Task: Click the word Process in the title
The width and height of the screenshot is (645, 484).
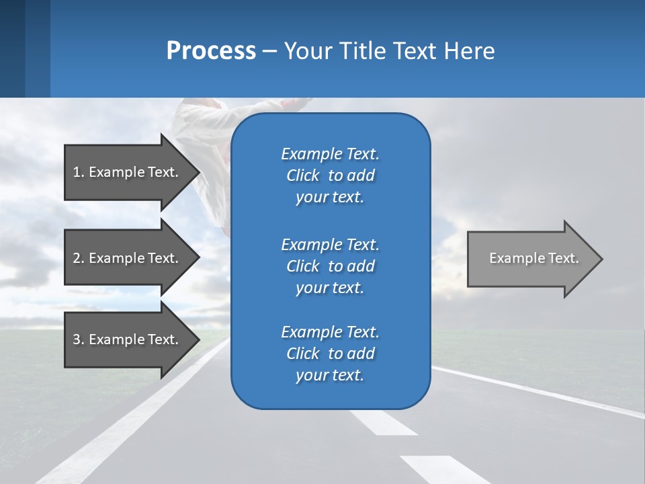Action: tap(211, 51)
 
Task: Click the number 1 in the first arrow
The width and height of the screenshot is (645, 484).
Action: tap(77, 172)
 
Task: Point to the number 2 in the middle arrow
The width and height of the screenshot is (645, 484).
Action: tap(77, 258)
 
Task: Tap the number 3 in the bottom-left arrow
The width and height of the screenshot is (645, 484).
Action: tap(77, 339)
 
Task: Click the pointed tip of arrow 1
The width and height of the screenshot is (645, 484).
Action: tap(197, 172)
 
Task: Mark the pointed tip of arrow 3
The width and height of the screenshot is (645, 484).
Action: tap(197, 339)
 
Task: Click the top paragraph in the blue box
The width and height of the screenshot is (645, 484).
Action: tap(330, 175)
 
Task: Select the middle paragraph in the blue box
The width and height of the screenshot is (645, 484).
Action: tap(330, 266)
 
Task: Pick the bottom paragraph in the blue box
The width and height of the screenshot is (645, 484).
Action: tap(330, 354)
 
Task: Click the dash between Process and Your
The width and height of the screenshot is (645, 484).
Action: tap(270, 51)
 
